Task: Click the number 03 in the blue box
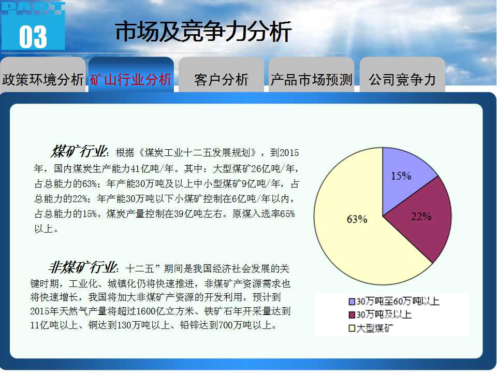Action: tap(33, 37)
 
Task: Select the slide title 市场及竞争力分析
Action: tap(203, 32)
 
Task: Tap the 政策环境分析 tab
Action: tap(43, 79)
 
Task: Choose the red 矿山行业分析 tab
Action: tap(130, 79)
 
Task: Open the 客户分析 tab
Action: tap(221, 79)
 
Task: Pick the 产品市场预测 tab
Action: tap(311, 79)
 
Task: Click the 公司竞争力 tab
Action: tap(402, 79)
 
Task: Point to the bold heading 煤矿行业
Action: tap(79, 151)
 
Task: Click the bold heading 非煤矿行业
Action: tap(83, 267)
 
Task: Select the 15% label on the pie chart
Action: tap(401, 176)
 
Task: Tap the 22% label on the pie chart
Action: tap(421, 217)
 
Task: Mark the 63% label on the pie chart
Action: tap(357, 219)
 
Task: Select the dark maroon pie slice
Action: tap(421, 222)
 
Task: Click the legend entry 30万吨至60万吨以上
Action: tap(394, 301)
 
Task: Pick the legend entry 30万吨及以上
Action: tap(380, 314)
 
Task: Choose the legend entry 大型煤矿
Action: tap(371, 328)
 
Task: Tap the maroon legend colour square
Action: tap(352, 314)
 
